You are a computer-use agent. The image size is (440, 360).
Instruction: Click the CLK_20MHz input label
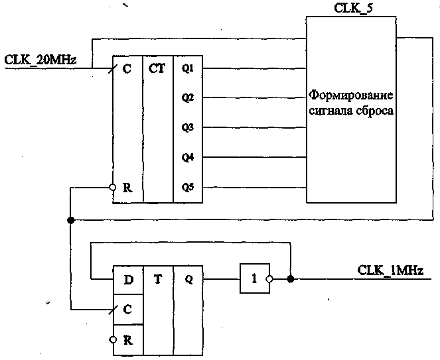(x=40, y=60)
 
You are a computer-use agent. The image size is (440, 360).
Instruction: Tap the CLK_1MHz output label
(x=390, y=270)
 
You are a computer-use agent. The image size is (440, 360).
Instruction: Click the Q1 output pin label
(x=187, y=68)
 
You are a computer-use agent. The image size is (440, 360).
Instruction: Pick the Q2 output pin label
(x=187, y=97)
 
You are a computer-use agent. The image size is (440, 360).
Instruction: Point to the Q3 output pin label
(x=187, y=127)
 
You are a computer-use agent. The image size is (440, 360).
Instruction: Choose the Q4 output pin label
(x=187, y=157)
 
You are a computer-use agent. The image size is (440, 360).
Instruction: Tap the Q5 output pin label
(x=187, y=187)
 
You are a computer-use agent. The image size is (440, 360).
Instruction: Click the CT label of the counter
(x=157, y=68)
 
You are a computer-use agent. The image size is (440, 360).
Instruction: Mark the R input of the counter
(x=127, y=188)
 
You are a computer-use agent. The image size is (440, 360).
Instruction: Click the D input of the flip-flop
(x=128, y=279)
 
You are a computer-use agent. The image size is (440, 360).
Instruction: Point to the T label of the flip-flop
(x=158, y=279)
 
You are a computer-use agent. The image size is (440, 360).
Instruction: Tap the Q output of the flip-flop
(x=188, y=279)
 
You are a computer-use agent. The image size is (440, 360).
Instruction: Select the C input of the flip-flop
(x=128, y=309)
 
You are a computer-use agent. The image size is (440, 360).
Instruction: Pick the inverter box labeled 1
(x=253, y=279)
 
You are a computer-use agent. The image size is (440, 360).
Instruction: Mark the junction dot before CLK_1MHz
(x=291, y=279)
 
